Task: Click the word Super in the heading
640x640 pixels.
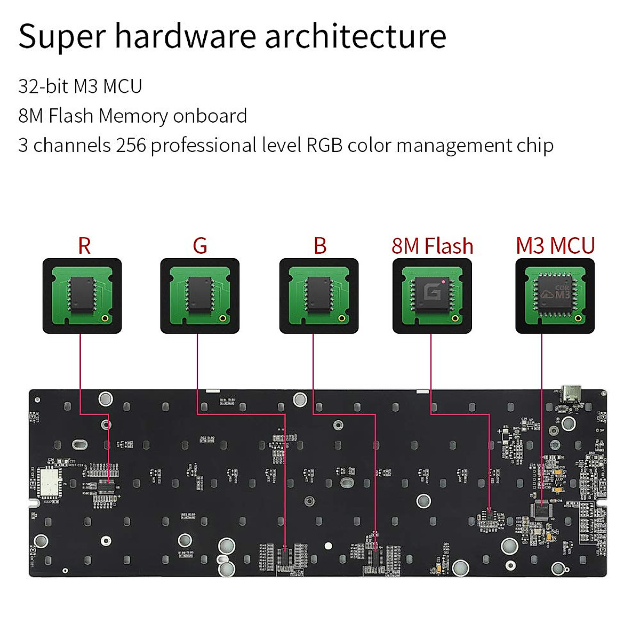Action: [61, 37]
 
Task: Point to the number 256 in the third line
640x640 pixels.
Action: [131, 145]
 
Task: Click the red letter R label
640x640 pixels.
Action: [84, 246]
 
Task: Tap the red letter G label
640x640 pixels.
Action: [200, 246]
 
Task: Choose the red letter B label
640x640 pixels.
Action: [319, 246]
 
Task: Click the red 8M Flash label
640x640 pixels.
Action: [432, 246]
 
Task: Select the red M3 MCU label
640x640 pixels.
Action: [555, 246]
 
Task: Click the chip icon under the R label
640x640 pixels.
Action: [82, 295]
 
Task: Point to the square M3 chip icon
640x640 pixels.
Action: [555, 294]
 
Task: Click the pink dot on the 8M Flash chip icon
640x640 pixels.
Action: [443, 281]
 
